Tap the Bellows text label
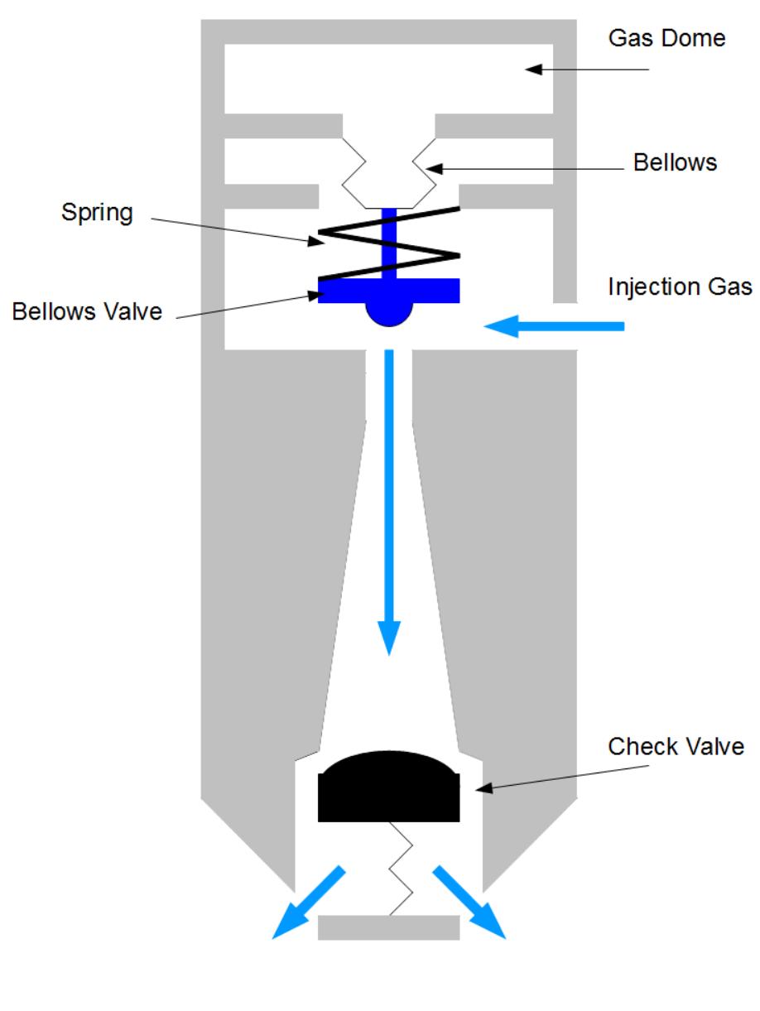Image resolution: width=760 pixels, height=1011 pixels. click(x=675, y=162)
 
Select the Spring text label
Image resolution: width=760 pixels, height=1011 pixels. click(x=97, y=212)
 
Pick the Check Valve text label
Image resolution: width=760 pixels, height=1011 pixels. click(x=676, y=746)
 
